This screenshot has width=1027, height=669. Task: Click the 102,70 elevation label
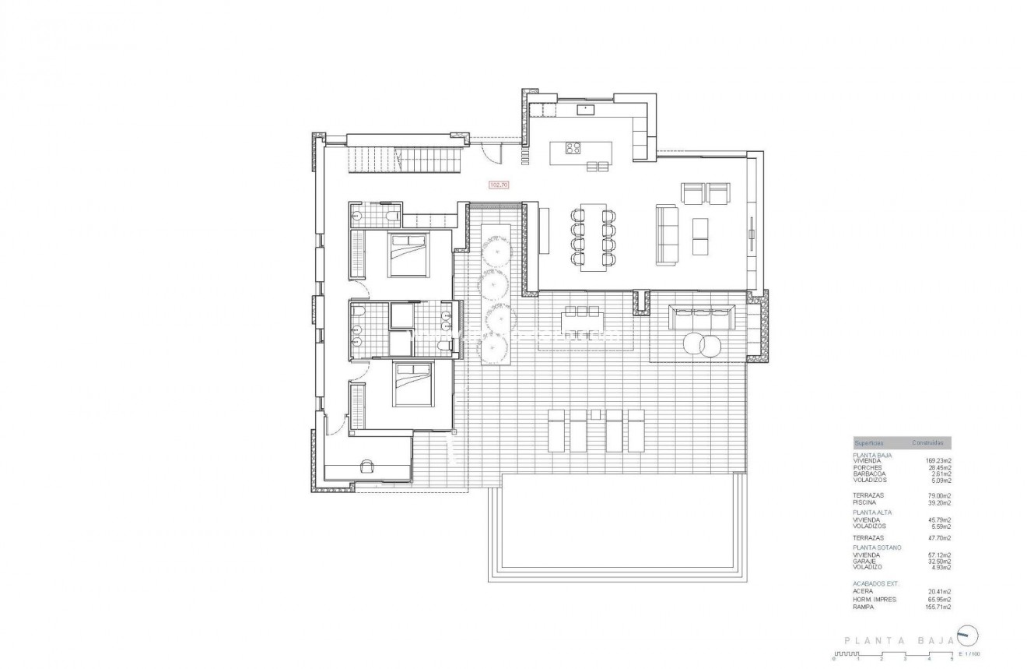point(498,185)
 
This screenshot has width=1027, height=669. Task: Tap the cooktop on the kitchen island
point(573,147)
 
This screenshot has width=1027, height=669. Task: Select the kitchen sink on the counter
point(585,110)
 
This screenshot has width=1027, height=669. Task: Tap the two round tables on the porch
point(703,343)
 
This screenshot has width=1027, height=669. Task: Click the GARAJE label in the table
point(865,561)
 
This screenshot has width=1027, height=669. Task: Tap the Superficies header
point(868,442)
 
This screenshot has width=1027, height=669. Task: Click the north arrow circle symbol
point(966,634)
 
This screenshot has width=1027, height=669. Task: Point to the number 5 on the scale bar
point(952,660)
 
